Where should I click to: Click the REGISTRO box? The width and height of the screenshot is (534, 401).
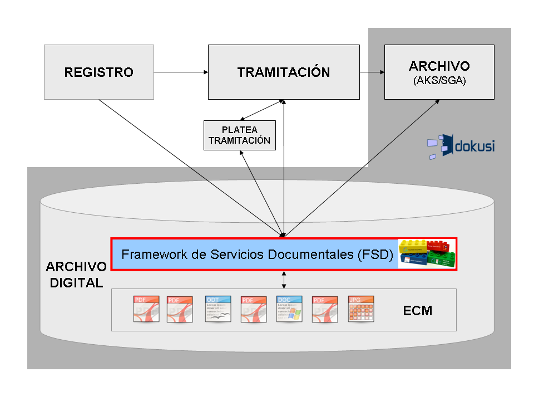click(x=98, y=72)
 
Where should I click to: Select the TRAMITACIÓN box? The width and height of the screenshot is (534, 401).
click(x=283, y=72)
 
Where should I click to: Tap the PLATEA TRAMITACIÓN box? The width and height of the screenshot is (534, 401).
click(x=239, y=135)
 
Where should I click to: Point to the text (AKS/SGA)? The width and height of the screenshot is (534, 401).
click(x=439, y=81)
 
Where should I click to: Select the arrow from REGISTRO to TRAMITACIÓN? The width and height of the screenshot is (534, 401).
click(x=181, y=72)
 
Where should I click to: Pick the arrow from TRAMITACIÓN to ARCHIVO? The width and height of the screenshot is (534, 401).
click(x=372, y=72)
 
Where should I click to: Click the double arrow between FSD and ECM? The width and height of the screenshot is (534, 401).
click(x=284, y=280)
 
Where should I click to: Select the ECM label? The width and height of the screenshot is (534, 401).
click(x=418, y=310)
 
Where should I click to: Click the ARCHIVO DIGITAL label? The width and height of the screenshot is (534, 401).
click(x=76, y=274)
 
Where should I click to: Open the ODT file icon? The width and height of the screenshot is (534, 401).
click(x=217, y=309)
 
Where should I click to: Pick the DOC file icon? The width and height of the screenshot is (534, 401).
click(x=289, y=309)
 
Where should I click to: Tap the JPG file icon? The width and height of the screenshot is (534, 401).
click(x=360, y=309)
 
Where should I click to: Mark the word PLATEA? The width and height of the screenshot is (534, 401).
click(x=239, y=130)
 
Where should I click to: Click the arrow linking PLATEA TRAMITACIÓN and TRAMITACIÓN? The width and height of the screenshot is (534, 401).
click(x=261, y=110)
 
